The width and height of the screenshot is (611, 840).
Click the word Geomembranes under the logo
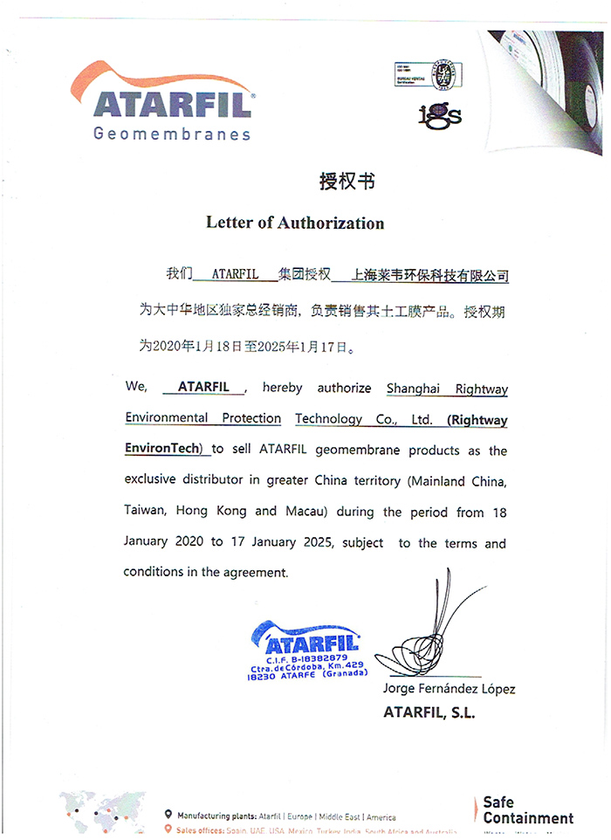(172, 134)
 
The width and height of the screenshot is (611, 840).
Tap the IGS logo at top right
(439, 114)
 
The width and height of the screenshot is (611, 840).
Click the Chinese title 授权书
(347, 182)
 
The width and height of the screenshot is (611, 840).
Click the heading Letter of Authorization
(295, 223)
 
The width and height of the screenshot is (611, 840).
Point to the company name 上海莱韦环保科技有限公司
(429, 275)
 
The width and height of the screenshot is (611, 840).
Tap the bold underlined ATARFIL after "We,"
(203, 386)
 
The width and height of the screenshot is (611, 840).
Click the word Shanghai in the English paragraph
(415, 388)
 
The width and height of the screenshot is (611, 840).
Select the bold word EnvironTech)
(163, 449)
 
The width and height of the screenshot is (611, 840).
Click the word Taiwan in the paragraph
(145, 511)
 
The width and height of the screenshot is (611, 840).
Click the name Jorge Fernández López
(449, 689)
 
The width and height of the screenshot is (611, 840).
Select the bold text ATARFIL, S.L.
(429, 713)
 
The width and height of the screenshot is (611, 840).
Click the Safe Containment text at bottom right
(527, 810)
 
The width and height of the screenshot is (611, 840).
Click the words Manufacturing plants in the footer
(216, 817)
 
